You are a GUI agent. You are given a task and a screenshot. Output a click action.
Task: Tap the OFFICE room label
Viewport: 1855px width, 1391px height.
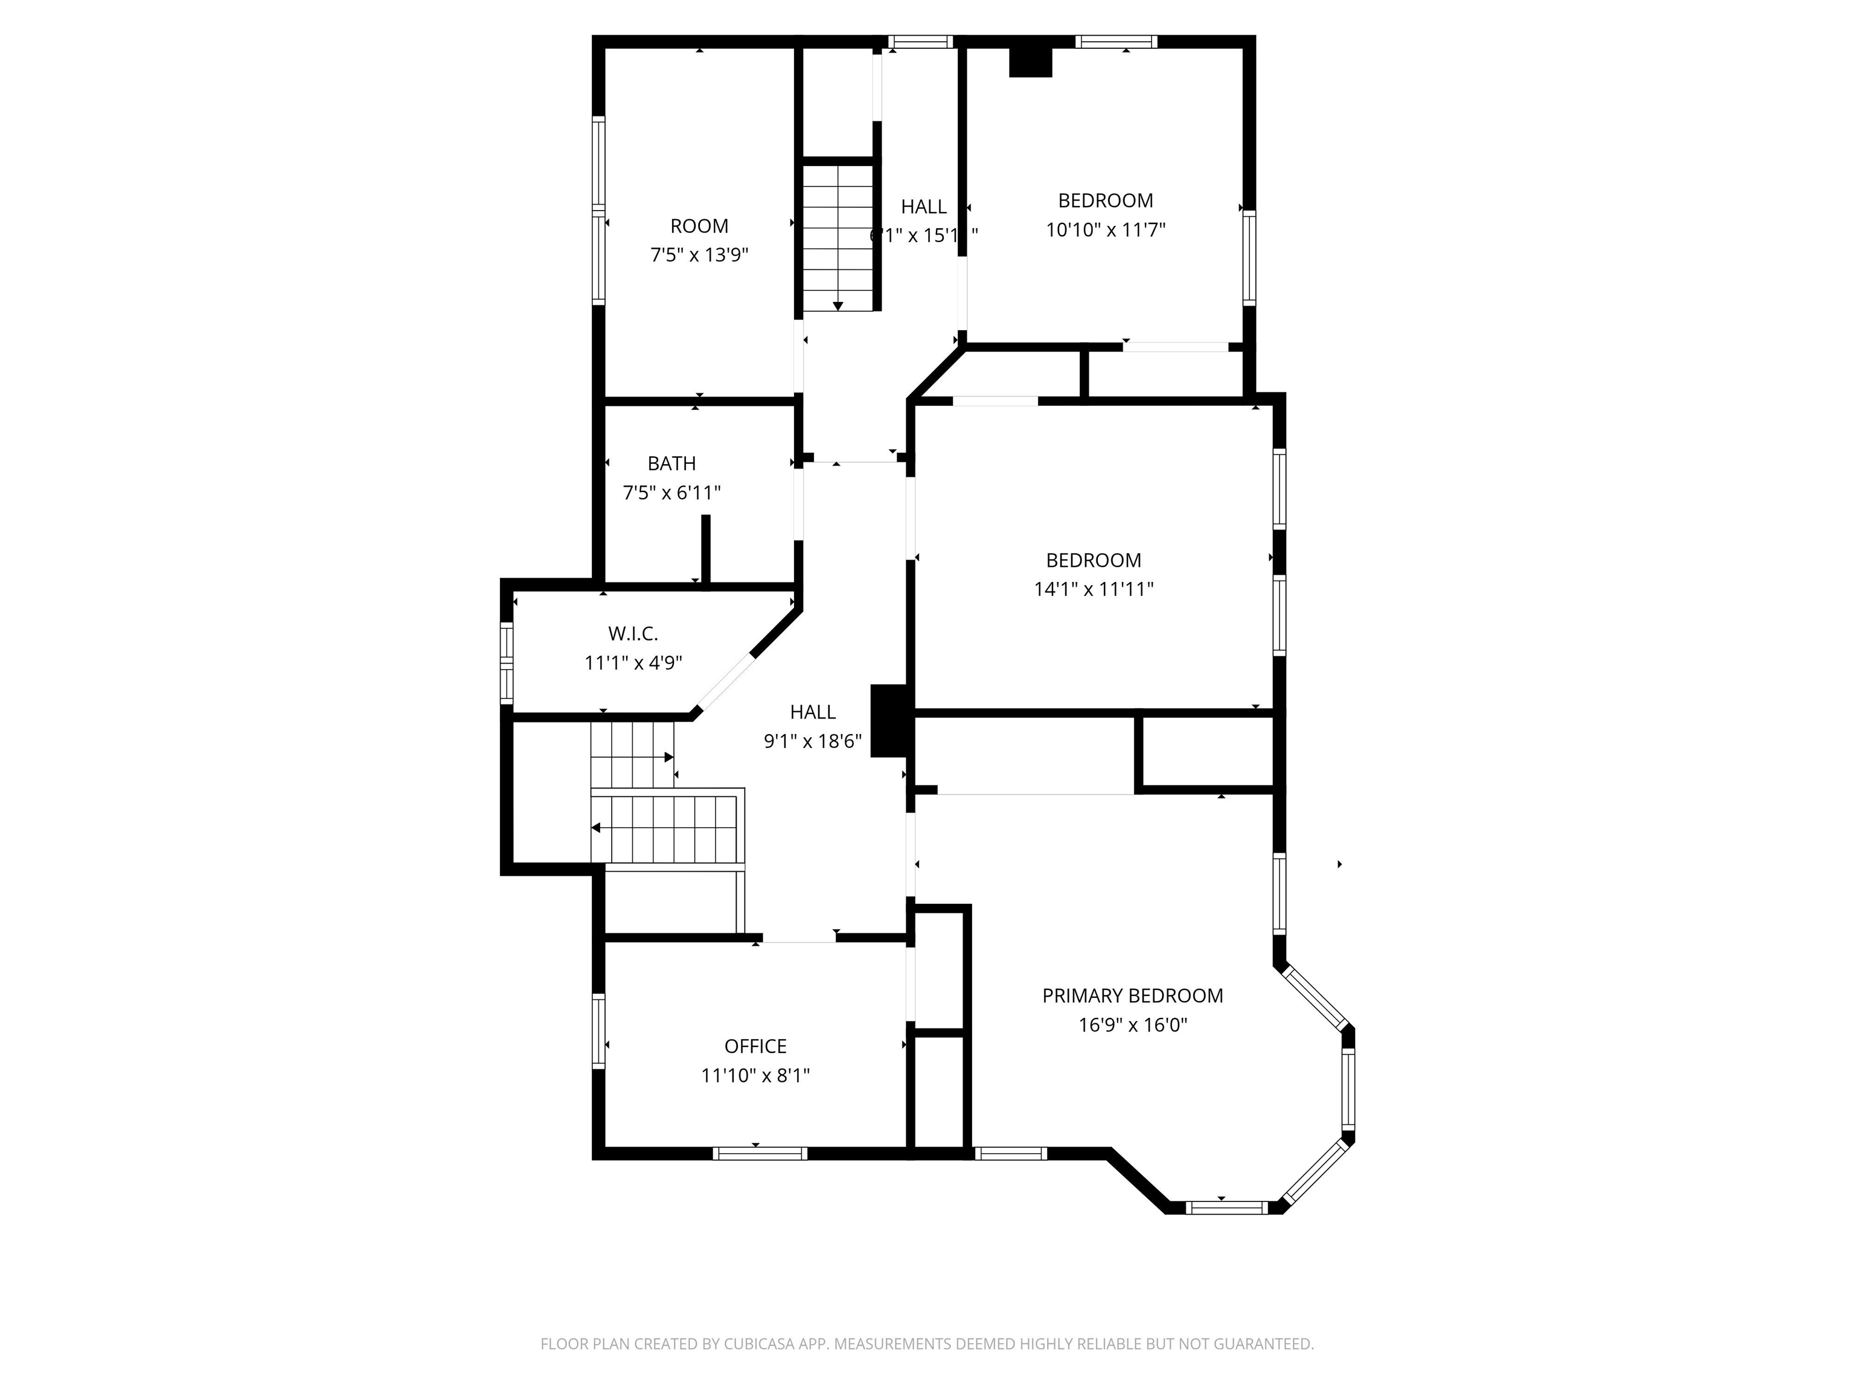click(x=755, y=1046)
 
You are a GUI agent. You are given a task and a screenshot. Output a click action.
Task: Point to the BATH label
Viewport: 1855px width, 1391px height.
click(x=671, y=464)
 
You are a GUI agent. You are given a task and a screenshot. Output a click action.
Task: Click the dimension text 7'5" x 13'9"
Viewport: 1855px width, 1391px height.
click(x=699, y=255)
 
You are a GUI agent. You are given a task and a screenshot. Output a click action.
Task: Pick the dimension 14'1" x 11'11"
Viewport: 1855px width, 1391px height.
click(x=1093, y=589)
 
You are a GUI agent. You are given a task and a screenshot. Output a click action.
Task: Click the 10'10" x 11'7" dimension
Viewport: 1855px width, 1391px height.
click(x=1105, y=230)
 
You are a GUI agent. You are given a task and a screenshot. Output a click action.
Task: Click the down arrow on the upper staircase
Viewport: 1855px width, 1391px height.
click(x=837, y=306)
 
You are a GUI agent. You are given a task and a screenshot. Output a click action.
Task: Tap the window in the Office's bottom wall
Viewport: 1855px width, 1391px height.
click(x=760, y=1154)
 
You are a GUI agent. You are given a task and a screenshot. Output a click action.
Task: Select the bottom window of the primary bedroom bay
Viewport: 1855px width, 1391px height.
click(x=1226, y=1207)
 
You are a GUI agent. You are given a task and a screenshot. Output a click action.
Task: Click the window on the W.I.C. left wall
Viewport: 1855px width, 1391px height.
click(x=507, y=662)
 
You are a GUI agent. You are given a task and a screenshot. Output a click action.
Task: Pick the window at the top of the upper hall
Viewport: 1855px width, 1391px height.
click(x=920, y=42)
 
